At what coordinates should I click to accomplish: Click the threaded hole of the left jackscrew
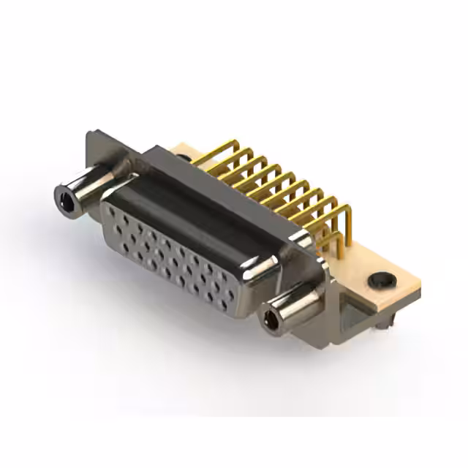66,195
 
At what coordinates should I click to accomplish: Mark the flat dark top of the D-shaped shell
197,197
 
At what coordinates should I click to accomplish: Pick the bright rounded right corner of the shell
271,271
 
